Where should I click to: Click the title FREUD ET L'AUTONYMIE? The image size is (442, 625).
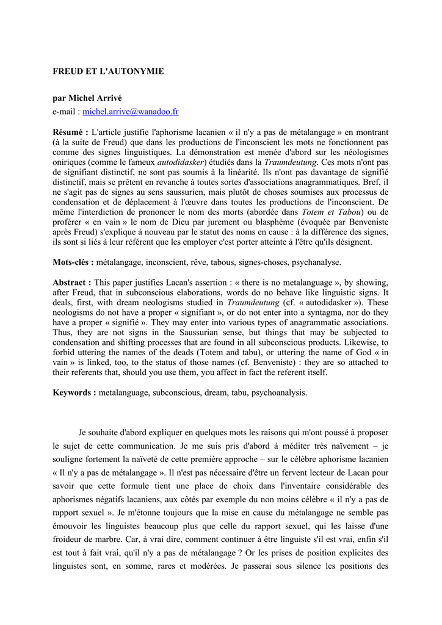(x=109, y=71)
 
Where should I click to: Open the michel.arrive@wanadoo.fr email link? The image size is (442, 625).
(x=131, y=112)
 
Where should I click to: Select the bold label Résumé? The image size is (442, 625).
(x=70, y=132)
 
